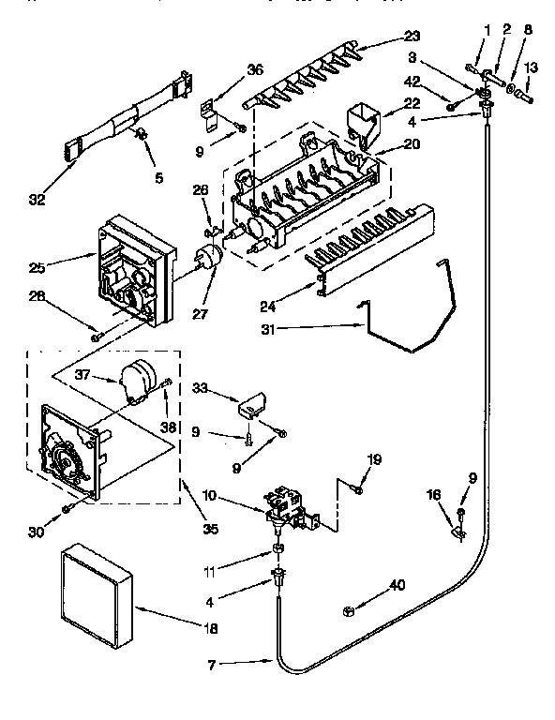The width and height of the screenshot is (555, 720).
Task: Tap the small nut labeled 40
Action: pos(349,609)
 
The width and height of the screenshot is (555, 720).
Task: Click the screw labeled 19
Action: pos(356,487)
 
